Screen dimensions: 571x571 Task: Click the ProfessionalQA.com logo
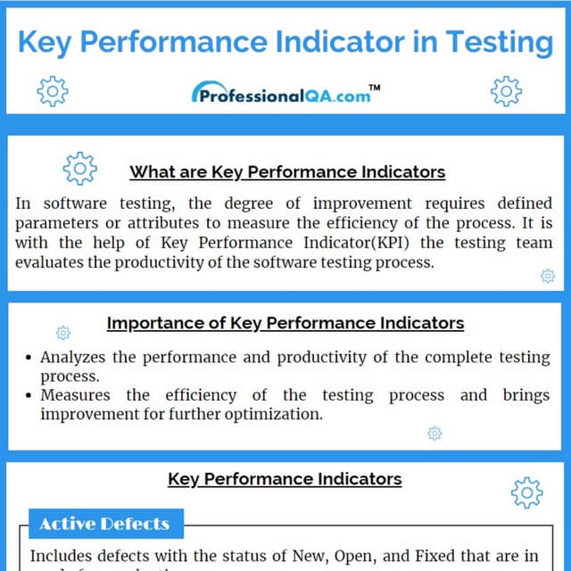point(281,93)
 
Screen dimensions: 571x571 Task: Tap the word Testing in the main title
point(500,41)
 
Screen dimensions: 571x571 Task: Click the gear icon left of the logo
point(53,90)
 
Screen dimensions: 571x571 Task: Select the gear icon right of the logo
point(506,90)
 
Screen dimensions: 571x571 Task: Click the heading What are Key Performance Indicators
point(287,171)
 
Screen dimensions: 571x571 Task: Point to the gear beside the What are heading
point(79,168)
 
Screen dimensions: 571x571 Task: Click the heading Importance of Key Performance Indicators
point(285,323)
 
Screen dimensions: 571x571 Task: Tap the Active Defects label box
point(104,524)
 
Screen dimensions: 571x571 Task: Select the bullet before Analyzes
point(29,358)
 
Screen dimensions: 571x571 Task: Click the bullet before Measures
point(29,396)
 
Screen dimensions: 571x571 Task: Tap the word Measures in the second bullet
point(75,395)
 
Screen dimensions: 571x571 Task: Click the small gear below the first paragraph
point(548,277)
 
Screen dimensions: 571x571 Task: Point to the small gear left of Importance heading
point(62,333)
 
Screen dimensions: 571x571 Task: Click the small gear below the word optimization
point(434,434)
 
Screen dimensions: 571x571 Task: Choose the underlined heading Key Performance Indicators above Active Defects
point(285,479)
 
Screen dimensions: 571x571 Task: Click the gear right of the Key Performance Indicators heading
point(526,492)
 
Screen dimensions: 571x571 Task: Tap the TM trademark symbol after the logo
point(375,87)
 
